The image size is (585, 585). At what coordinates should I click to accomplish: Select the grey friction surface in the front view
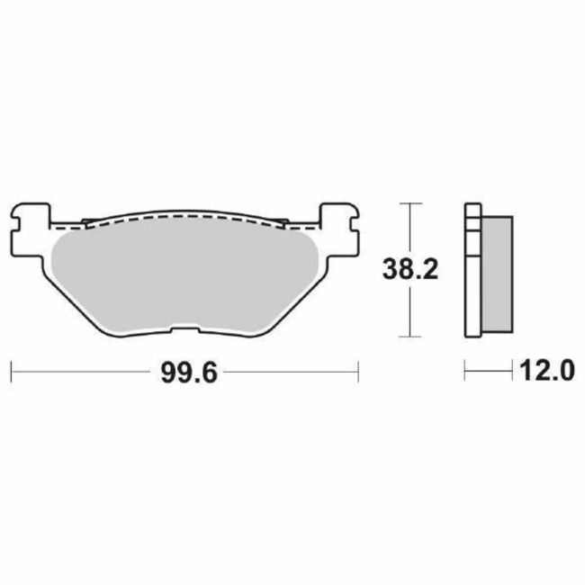184,274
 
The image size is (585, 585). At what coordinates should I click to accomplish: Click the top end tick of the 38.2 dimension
410,204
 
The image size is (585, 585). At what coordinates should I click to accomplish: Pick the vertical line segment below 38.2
410,310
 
